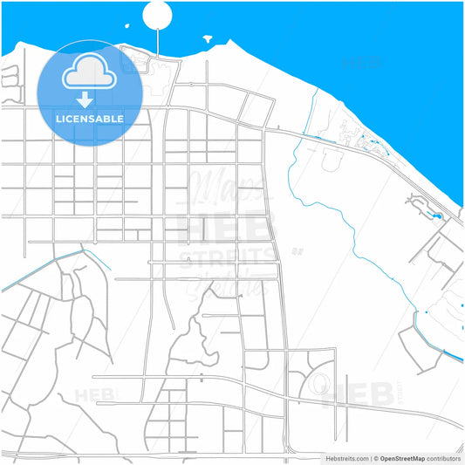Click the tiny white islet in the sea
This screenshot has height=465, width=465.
208,38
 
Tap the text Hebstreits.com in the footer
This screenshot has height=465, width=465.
346,458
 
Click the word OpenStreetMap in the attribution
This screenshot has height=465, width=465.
401,458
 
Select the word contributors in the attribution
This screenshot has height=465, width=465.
443,458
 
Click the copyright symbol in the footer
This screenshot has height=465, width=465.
374,458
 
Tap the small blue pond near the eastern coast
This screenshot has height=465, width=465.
437,215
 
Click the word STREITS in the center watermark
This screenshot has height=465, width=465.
225,256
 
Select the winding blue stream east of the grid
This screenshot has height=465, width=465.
349,227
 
